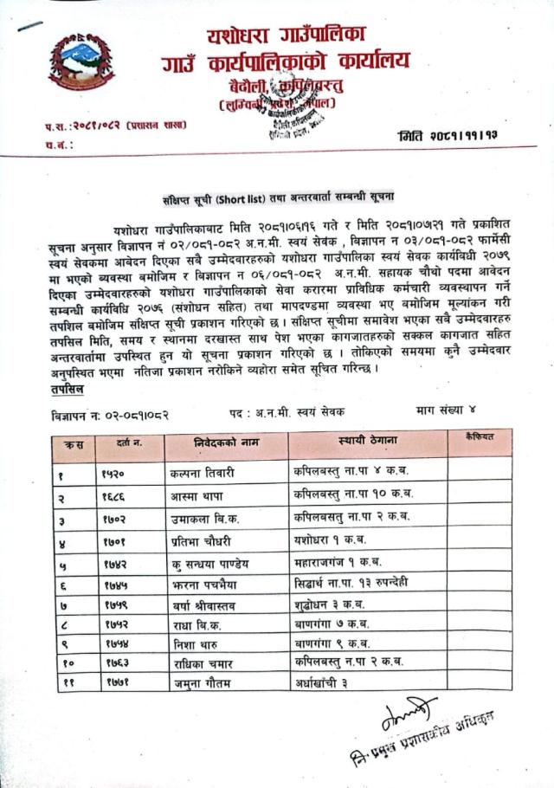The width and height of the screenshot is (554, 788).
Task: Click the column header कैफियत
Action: click(478, 437)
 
